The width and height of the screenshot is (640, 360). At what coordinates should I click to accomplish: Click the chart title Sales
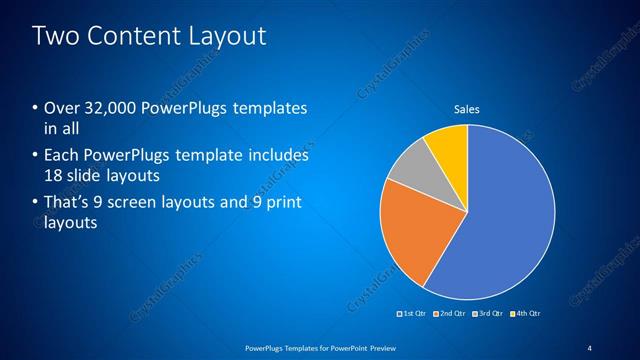pyautogui.click(x=467, y=109)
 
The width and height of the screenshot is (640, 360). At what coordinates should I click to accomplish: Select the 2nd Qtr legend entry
pyautogui.click(x=450, y=313)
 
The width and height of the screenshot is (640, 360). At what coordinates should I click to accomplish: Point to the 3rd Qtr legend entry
pyautogui.click(x=487, y=313)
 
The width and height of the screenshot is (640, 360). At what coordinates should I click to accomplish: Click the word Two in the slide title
pyautogui.click(x=55, y=37)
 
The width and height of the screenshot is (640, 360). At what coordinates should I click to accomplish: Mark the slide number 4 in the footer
pyautogui.click(x=589, y=347)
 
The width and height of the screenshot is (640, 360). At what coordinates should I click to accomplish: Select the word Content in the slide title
pyautogui.click(x=132, y=37)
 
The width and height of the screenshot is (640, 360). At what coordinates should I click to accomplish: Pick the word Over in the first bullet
pyautogui.click(x=61, y=108)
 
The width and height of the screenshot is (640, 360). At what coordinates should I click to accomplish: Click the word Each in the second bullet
pyautogui.click(x=61, y=156)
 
